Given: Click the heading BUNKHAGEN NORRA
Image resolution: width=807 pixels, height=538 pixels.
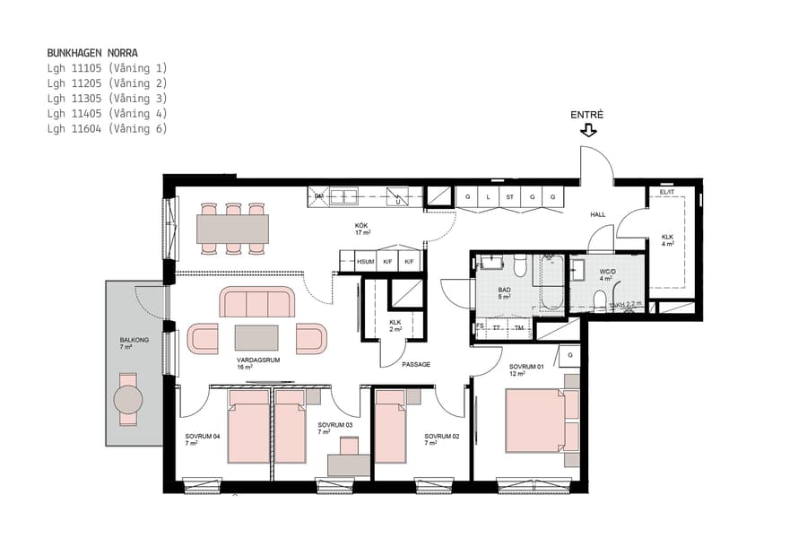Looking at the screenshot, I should pos(92,53).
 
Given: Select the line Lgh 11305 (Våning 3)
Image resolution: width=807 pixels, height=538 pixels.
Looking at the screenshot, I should pos(107,99).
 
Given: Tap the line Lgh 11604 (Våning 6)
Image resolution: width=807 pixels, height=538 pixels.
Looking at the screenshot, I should pos(107,129).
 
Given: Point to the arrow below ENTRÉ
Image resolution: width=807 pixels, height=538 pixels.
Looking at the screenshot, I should pos(588,130).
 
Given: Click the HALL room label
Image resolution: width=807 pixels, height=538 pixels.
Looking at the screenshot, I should pos(598,215).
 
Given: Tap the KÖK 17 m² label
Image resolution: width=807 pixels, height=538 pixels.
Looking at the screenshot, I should pos(362,229).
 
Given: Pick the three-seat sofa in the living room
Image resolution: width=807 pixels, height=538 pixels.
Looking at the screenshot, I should pos(258,303).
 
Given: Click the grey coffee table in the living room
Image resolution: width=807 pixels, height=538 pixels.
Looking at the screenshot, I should pos(257,337).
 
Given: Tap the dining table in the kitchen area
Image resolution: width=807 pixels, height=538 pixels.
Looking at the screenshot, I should pos(233,228).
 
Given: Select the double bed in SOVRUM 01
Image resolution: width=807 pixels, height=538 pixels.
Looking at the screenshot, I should pos(536,421).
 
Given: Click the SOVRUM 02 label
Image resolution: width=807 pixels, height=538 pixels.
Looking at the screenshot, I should pos(441,436).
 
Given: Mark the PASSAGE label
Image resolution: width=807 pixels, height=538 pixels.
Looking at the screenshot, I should pos(416,364).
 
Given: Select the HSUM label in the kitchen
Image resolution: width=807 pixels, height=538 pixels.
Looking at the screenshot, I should pos(365,262).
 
